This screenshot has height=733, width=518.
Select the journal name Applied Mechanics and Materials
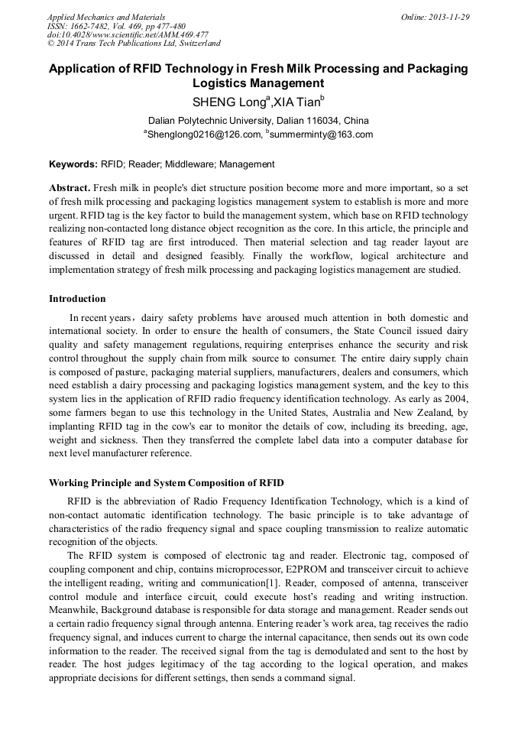coord(106,17)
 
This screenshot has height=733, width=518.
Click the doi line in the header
coord(128,35)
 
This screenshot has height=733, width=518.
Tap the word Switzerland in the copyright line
coord(193,44)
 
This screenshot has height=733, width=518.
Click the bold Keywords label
coord(73,164)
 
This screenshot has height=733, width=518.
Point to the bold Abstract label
coord(70,188)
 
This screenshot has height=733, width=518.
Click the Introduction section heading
coord(77,298)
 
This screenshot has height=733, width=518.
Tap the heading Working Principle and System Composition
coord(166,482)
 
